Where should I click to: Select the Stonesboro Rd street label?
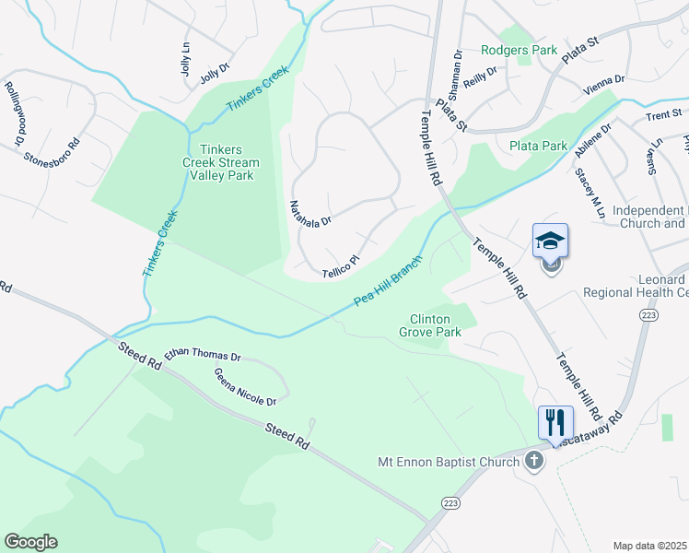pyautogui.click(x=53, y=145)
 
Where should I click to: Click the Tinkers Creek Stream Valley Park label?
pyautogui.click(x=224, y=162)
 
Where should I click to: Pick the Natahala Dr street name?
pyautogui.click(x=310, y=214)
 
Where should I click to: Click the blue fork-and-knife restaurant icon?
pyautogui.click(x=555, y=423)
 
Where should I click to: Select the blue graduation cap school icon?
pyautogui.click(x=550, y=241)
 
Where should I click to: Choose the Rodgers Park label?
pyautogui.click(x=519, y=50)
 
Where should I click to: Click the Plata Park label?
pyautogui.click(x=539, y=146)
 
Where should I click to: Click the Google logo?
pyautogui.click(x=30, y=542)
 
